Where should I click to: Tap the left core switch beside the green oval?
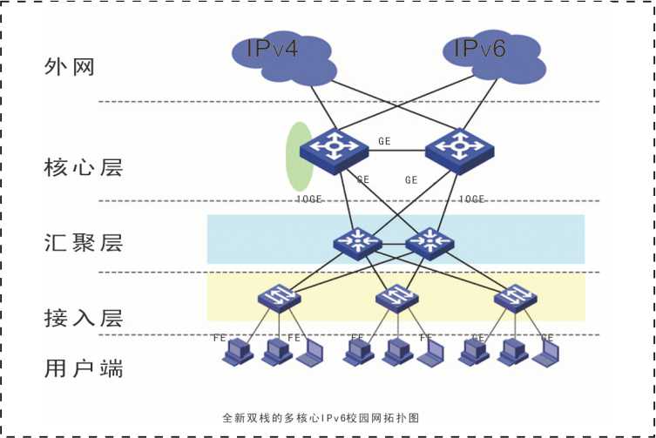point(334,150)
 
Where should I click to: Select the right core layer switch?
point(459,150)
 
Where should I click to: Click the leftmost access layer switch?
point(279,299)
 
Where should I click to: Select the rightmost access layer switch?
point(516,299)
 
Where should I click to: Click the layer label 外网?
point(68,67)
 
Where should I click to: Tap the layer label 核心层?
point(83,166)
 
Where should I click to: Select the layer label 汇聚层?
point(83,241)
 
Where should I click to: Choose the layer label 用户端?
point(83,367)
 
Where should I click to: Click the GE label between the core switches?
point(385,140)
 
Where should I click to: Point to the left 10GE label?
point(308,199)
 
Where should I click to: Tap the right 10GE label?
point(471,199)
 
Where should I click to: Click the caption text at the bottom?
point(321,418)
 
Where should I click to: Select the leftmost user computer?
point(235,352)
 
